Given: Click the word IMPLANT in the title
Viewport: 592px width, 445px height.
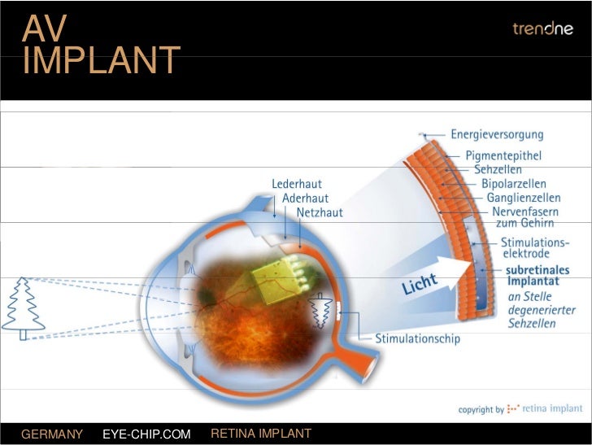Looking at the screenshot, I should tap(101, 61).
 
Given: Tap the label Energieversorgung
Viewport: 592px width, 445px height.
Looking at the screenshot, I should tap(497, 134).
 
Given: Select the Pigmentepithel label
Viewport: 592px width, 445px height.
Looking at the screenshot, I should tap(503, 155).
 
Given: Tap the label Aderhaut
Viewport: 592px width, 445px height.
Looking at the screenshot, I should tap(305, 198).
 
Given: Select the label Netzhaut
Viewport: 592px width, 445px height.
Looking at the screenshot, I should tap(320, 212).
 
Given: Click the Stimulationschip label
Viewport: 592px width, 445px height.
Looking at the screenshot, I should tap(417, 338).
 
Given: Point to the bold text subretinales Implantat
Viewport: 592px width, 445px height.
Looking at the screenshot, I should tap(537, 276).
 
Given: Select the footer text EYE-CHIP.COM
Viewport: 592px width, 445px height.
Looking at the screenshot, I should tap(146, 434).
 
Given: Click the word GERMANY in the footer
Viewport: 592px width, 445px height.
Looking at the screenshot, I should tap(52, 434).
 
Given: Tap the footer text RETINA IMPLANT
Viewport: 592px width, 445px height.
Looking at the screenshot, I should tap(261, 434).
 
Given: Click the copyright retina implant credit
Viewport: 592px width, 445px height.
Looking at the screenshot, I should tap(520, 409).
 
